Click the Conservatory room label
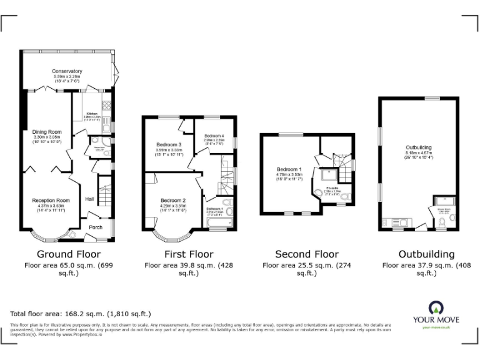67,71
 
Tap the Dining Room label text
47,132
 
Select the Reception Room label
51,200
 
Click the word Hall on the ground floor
89,198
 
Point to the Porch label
95,227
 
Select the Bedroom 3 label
169,145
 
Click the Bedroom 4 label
214,136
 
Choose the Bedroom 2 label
173,200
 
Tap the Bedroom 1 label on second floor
289,169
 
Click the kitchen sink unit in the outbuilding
401,222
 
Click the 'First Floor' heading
189,254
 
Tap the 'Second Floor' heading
307,254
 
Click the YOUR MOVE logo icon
435,307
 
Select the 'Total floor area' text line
81,313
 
